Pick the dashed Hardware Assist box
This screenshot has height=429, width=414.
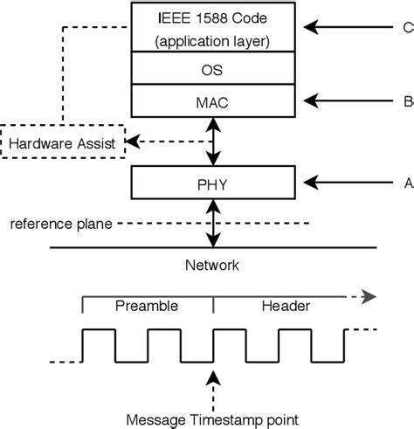click(62, 140)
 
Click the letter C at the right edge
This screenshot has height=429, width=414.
click(407, 27)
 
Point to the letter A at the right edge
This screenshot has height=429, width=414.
click(408, 183)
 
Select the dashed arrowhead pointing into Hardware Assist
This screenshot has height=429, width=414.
click(133, 141)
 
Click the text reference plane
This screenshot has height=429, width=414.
click(60, 224)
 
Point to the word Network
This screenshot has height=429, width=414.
click(211, 266)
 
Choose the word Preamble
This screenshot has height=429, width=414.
click(147, 306)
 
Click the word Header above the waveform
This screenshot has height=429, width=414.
click(286, 306)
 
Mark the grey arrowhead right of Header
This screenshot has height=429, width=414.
click(370, 296)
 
